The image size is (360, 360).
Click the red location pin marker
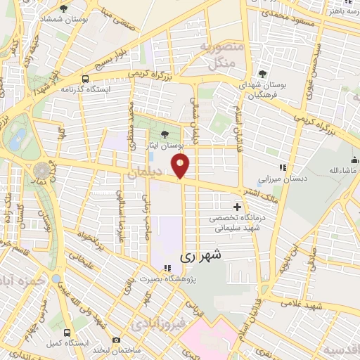(x=181, y=166)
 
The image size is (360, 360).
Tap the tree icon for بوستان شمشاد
(x=63, y=8)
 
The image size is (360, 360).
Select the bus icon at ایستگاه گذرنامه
(x=85, y=79)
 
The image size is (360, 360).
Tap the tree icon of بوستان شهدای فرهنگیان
(x=262, y=72)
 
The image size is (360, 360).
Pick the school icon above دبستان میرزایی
(x=282, y=167)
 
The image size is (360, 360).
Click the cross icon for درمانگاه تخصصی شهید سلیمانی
(x=238, y=207)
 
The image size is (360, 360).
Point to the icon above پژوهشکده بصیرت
(x=167, y=268)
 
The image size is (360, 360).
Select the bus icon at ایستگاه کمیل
(x=67, y=331)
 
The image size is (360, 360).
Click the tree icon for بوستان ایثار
(x=165, y=134)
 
